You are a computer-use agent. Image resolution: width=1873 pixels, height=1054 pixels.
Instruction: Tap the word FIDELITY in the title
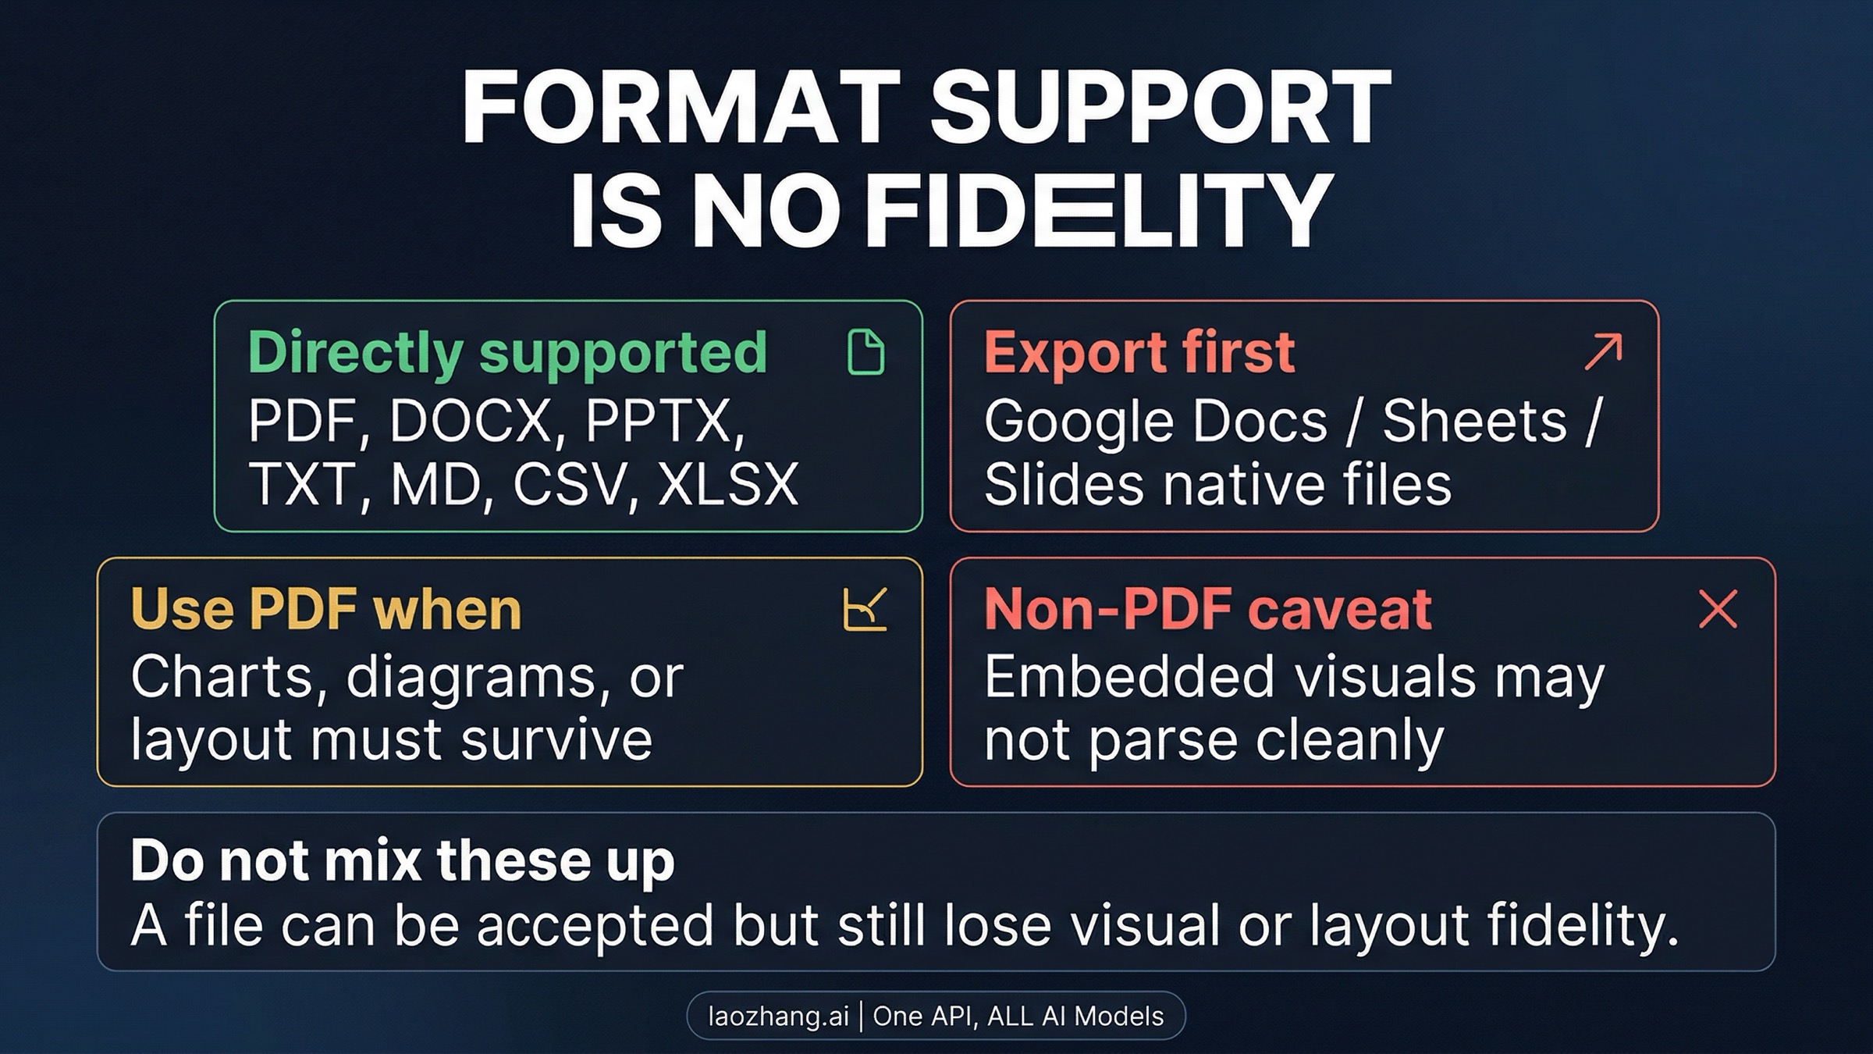click(1100, 211)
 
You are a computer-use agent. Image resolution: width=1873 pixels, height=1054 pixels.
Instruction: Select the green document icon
click(865, 352)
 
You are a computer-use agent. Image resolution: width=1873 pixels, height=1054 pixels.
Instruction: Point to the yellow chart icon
click(865, 609)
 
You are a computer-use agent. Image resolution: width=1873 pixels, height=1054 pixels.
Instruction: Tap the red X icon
click(1718, 609)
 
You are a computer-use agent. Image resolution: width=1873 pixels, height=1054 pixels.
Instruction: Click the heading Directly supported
click(507, 353)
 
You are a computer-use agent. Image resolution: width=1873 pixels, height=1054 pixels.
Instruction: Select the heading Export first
click(1139, 353)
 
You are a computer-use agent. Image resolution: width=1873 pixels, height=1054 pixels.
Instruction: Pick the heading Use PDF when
click(325, 609)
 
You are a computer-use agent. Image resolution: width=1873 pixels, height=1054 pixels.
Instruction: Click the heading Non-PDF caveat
click(1207, 609)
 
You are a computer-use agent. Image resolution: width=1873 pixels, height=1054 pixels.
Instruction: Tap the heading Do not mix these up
click(402, 860)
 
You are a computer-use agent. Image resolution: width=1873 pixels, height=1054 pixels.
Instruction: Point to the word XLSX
click(728, 484)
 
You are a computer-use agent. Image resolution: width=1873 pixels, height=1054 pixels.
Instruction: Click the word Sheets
click(1474, 422)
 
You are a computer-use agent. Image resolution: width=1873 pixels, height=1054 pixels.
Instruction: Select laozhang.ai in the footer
click(778, 1016)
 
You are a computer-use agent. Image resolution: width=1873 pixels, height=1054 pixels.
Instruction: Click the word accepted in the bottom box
click(595, 926)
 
